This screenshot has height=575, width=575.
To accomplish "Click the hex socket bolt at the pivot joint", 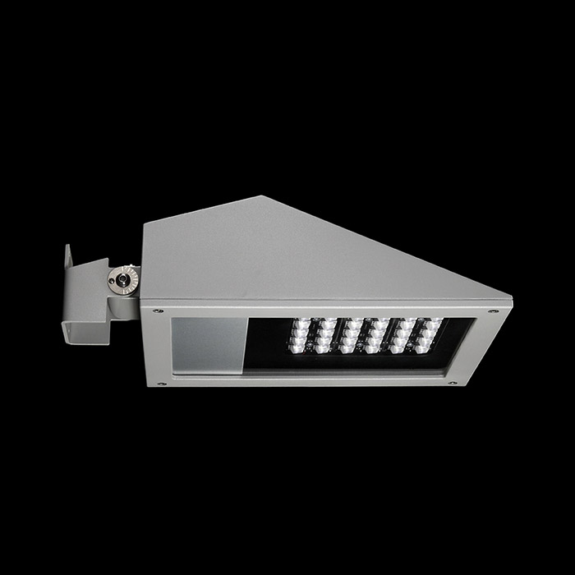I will [122, 279].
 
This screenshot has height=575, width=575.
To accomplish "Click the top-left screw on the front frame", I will [158, 311].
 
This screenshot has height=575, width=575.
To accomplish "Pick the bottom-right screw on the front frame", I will [451, 381].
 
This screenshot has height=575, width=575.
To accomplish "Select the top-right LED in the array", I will [435, 324].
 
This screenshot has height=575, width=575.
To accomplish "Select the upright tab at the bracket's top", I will [69, 263].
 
